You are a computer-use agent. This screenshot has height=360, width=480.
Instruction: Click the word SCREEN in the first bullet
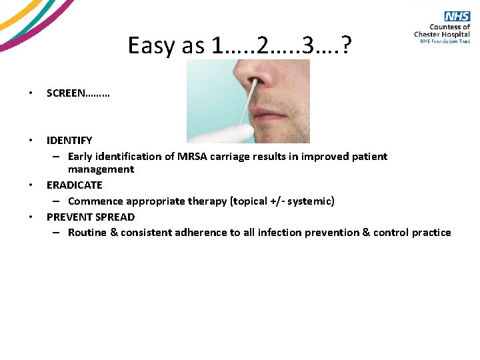[65, 94]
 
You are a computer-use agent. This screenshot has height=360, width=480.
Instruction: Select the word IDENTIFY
[69, 140]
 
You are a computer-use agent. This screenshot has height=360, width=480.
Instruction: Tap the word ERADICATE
[74, 185]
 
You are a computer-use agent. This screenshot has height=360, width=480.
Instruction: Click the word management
[101, 169]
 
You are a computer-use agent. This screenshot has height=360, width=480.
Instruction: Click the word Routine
[89, 233]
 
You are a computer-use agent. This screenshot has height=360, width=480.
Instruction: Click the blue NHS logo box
[458, 17]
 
